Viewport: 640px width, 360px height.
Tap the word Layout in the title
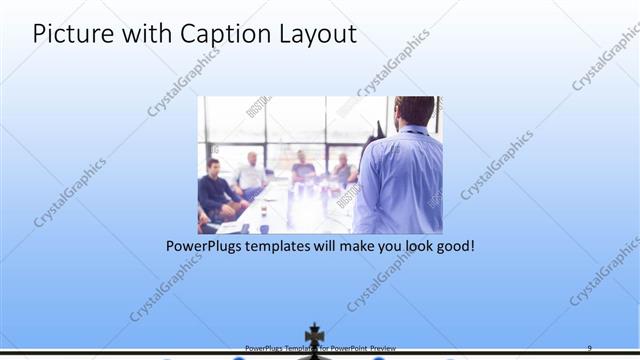(x=317, y=34)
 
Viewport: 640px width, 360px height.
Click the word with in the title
(x=144, y=34)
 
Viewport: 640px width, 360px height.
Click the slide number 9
(x=589, y=347)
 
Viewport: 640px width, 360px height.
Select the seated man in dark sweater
(x=213, y=190)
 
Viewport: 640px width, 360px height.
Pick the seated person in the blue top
(x=302, y=170)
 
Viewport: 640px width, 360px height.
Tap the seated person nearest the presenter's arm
(x=344, y=172)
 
